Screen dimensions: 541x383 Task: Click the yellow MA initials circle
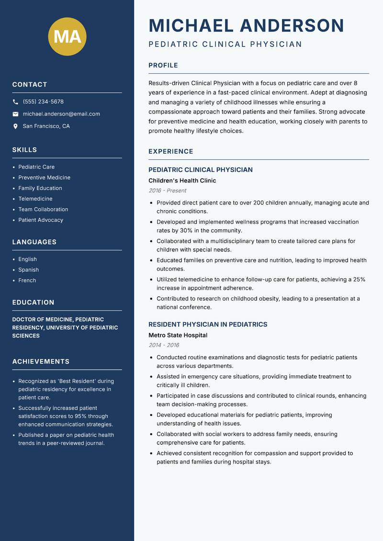tap(68, 36)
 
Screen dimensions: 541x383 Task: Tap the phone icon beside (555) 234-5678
tap(16, 102)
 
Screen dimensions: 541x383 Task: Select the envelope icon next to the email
tap(16, 114)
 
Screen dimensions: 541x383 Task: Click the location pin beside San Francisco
tap(16, 126)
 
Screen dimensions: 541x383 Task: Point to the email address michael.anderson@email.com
tap(61, 114)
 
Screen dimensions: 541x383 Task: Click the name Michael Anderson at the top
tap(246, 25)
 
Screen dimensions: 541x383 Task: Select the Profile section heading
tap(163, 66)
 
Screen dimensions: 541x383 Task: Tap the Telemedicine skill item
tap(35, 199)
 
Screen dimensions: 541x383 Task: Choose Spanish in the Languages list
tap(29, 270)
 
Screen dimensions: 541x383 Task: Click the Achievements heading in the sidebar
tap(41, 361)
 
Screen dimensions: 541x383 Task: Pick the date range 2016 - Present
tap(167, 191)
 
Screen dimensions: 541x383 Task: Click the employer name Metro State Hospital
tap(178, 335)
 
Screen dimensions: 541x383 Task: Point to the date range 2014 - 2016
tap(163, 345)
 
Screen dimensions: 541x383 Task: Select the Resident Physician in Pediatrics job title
tap(208, 325)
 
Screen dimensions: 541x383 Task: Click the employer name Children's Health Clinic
tap(182, 180)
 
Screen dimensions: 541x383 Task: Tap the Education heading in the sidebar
tap(33, 303)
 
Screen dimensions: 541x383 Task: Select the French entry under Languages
tap(27, 281)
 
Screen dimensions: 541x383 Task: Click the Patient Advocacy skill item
tap(41, 220)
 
